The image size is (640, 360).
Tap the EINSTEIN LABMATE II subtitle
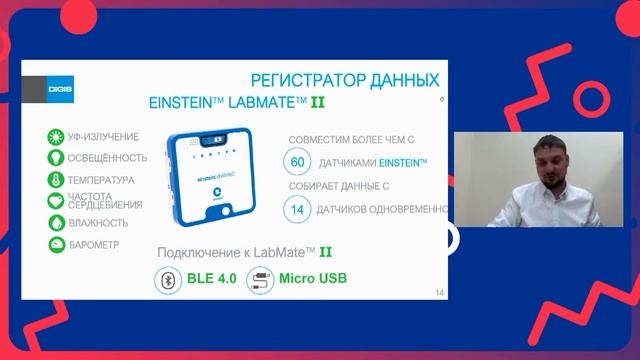(237, 102)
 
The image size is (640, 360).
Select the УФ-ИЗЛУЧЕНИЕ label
(102, 137)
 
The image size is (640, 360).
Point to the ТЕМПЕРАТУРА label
(101, 180)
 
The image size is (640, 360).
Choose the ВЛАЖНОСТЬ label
(98, 222)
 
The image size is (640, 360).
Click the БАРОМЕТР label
(95, 244)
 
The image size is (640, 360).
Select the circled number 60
(297, 162)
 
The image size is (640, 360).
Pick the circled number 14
(297, 209)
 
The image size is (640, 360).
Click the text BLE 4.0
(211, 279)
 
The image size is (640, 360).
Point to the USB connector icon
(258, 279)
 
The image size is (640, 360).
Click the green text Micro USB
(312, 279)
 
